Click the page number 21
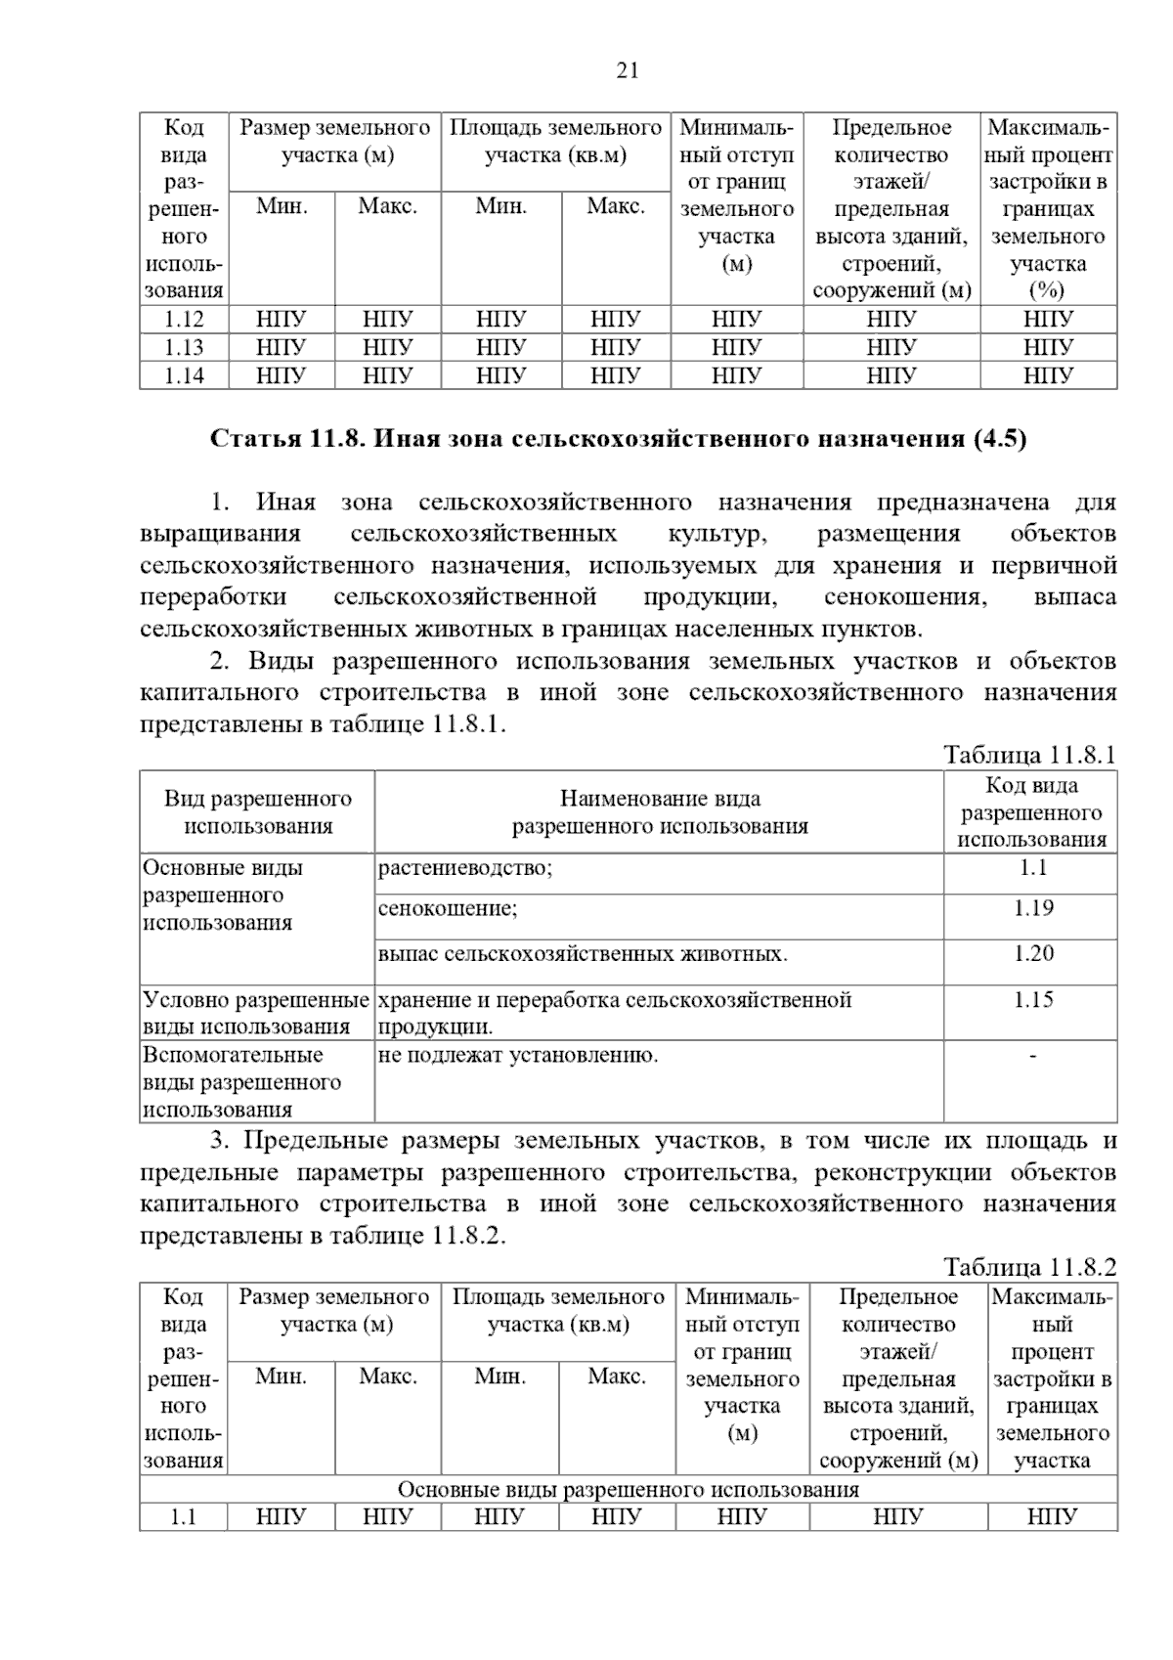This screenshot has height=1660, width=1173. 628,69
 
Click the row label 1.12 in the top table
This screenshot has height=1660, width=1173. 184,319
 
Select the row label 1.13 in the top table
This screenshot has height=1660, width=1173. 184,347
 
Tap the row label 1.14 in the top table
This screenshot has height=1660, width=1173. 184,375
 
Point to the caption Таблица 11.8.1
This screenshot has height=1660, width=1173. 1028,755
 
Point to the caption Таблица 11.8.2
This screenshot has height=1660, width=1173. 1028,1267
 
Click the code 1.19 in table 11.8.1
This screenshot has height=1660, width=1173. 1032,908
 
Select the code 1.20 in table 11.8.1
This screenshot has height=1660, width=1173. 1032,953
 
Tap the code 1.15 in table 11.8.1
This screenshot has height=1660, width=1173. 1032,999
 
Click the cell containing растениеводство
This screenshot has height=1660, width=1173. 465,868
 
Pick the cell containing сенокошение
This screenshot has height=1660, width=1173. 449,909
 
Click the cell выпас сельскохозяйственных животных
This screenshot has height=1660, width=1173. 583,954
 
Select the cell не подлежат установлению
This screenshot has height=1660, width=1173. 518,1055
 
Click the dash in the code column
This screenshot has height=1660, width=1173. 1032,1055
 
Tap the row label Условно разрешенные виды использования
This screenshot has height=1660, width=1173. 256,1013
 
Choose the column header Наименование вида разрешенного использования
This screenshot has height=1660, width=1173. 660,812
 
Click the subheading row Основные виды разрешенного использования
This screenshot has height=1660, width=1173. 628,1489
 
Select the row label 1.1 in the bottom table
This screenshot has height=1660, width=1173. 183,1516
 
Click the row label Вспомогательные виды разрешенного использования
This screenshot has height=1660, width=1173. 242,1082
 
